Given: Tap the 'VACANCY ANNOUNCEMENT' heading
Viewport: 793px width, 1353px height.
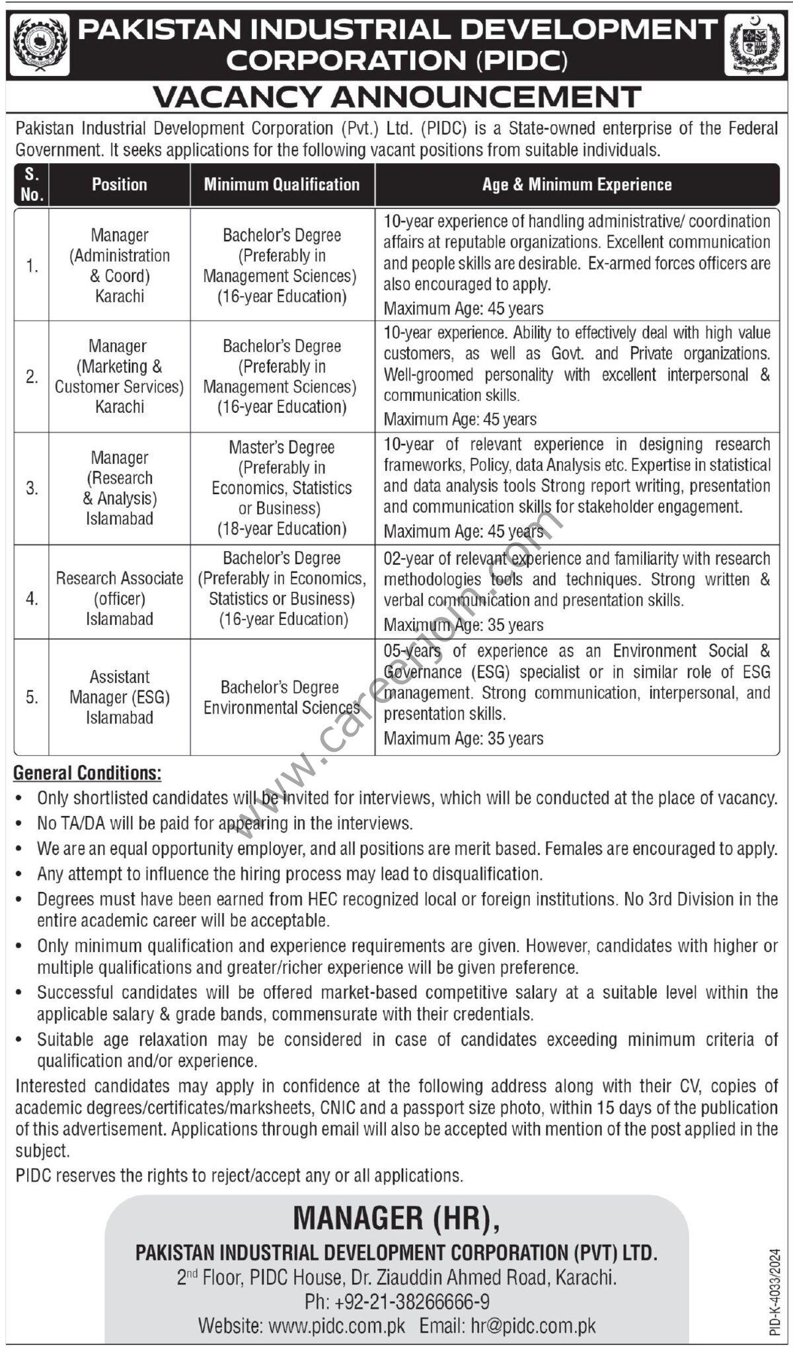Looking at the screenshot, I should pyautogui.click(x=397, y=97).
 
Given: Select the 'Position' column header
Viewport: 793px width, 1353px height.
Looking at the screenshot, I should pyautogui.click(x=120, y=184).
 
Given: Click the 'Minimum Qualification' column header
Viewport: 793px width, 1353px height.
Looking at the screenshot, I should pyautogui.click(x=282, y=184).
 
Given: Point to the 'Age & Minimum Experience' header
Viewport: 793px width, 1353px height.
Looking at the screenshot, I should pyautogui.click(x=577, y=184).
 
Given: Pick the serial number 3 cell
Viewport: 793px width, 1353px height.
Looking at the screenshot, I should pyautogui.click(x=32, y=488).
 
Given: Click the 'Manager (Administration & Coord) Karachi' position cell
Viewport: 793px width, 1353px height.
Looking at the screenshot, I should pyautogui.click(x=120, y=266).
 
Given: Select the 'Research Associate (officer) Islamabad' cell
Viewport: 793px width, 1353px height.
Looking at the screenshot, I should pyautogui.click(x=120, y=599).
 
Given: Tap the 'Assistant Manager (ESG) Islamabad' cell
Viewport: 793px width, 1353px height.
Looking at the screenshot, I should pyautogui.click(x=120, y=697).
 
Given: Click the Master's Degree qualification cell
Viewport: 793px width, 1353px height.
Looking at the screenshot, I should pyautogui.click(x=282, y=488).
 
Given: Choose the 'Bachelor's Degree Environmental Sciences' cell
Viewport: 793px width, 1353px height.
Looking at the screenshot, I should pyautogui.click(x=282, y=698).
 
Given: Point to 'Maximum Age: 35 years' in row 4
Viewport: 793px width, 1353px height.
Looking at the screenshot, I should pyautogui.click(x=464, y=625).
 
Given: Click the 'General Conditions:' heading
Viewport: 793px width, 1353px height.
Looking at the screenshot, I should pyautogui.click(x=88, y=772).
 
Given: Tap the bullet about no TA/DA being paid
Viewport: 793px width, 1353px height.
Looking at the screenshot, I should pyautogui.click(x=225, y=823).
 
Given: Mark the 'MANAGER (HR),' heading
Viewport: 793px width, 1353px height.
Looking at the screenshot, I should pyautogui.click(x=397, y=1218).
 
